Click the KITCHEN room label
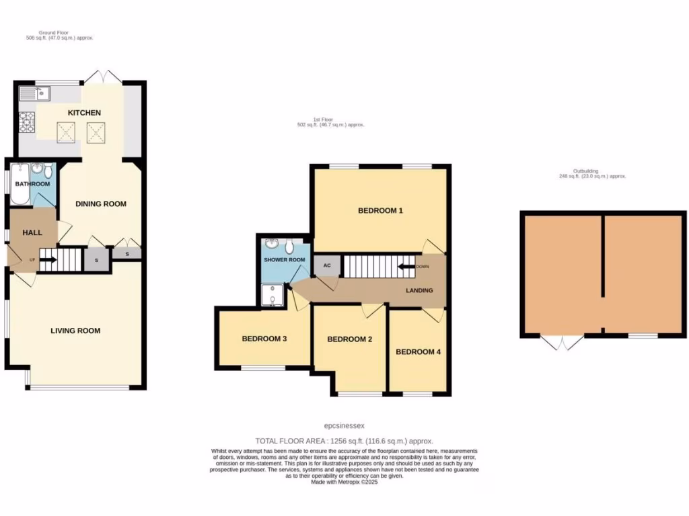click(x=84, y=112)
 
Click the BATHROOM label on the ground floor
click(x=32, y=184)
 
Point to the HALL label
click(x=32, y=232)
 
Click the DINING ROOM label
click(x=100, y=204)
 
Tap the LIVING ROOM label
click(x=75, y=330)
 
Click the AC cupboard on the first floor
click(x=327, y=265)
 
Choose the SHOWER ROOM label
click(x=283, y=259)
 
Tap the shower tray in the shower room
click(x=273, y=294)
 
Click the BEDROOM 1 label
click(x=380, y=210)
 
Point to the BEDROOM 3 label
click(x=264, y=339)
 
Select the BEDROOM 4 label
click(x=418, y=351)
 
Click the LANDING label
click(x=419, y=290)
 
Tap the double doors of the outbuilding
click(x=563, y=342)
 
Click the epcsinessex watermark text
click(x=344, y=425)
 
